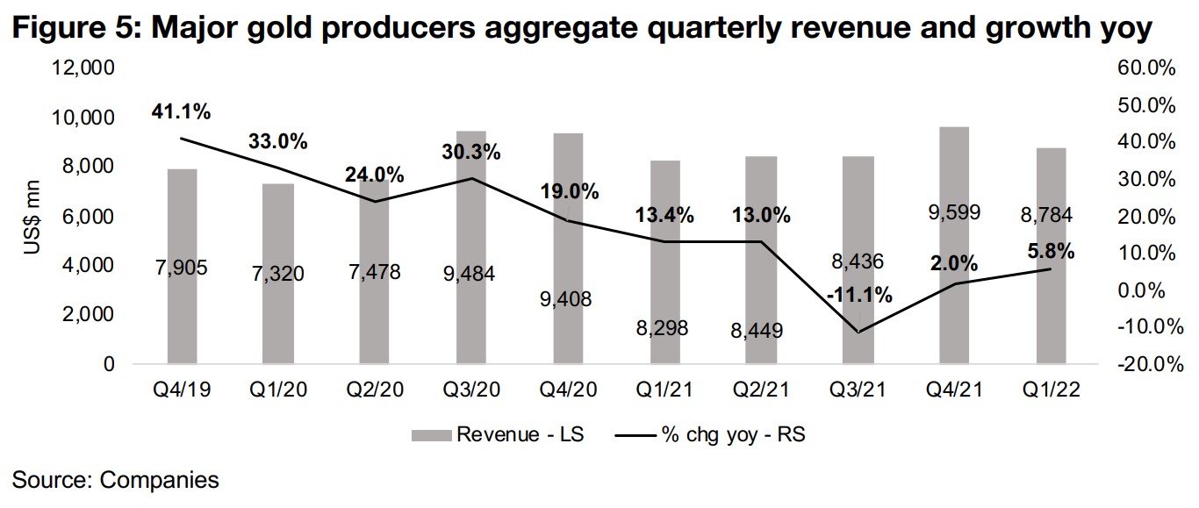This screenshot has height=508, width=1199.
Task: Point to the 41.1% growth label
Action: pyautogui.click(x=182, y=112)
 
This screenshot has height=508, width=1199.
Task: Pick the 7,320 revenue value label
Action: pyautogui.click(x=278, y=274)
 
